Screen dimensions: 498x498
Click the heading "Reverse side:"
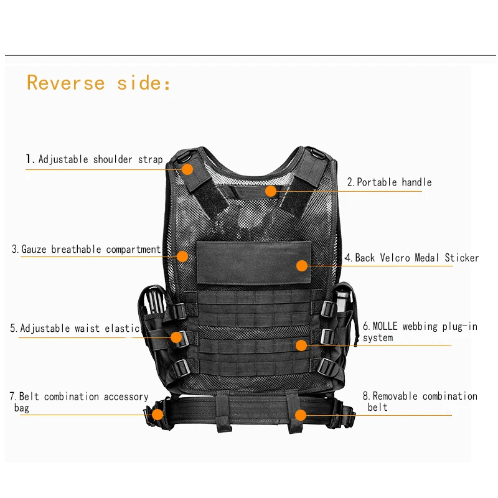98,83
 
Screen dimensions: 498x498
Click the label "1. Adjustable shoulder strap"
94,159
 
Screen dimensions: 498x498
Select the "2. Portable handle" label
389,182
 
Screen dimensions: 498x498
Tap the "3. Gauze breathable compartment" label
87,250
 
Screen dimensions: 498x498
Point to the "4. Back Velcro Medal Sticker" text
412,258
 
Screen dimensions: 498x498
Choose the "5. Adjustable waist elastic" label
75,328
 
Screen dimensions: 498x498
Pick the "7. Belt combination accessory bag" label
79,402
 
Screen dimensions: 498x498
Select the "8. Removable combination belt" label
420,402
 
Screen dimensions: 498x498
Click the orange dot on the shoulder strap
187,169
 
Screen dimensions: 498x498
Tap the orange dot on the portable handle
270,190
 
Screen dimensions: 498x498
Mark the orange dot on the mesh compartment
182,256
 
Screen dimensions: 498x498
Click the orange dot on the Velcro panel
302,266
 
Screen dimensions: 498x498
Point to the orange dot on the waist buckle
176,337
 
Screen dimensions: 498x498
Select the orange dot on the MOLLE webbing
301,345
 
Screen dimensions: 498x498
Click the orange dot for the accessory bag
157,413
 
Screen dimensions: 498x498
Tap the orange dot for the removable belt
301,415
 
